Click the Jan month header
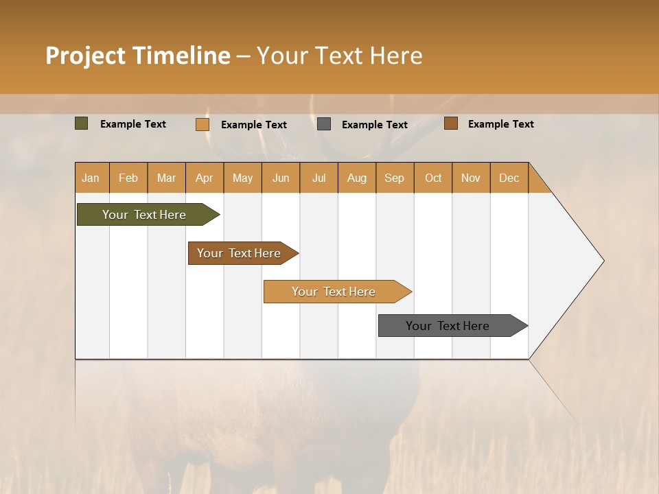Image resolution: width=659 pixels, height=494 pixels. (x=91, y=178)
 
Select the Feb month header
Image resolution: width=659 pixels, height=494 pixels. (x=128, y=178)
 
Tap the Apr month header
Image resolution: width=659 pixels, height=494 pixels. (x=205, y=178)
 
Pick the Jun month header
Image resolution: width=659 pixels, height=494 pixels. (x=281, y=178)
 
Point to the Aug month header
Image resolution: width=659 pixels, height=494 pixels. (x=357, y=178)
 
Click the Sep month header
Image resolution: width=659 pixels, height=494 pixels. (x=395, y=178)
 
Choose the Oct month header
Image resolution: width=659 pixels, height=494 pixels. (x=433, y=178)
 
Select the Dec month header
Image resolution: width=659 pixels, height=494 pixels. (x=509, y=178)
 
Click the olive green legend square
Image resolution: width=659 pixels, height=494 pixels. (x=82, y=123)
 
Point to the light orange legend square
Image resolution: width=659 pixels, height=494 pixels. (x=203, y=124)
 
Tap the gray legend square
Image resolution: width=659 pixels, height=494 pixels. (x=324, y=124)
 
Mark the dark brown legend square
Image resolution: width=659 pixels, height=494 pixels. (x=451, y=123)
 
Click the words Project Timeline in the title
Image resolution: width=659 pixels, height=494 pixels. (x=138, y=56)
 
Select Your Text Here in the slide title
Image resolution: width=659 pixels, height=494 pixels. (x=339, y=56)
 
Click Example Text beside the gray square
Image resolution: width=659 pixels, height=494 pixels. (x=374, y=125)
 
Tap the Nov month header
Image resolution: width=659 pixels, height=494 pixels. (x=471, y=178)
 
